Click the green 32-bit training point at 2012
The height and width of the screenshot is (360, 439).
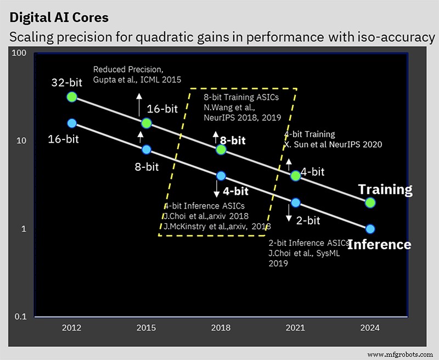tap(72, 97)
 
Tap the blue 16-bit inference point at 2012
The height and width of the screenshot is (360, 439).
tap(72, 123)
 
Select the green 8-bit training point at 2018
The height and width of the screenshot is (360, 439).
tap(221, 149)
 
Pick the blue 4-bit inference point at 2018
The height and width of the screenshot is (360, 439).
tap(221, 176)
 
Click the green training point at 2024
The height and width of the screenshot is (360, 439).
tap(370, 202)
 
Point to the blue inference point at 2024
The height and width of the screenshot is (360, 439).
tap(370, 229)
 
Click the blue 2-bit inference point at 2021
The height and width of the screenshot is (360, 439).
tap(296, 203)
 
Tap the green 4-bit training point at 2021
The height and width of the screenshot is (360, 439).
tap(296, 176)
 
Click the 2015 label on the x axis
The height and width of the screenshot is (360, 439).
tap(147, 328)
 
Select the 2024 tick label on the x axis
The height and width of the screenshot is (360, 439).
tap(370, 328)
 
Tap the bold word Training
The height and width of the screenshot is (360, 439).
tap(385, 190)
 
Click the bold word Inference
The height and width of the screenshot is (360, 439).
tap(379, 244)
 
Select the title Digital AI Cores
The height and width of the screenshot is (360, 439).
tap(59, 18)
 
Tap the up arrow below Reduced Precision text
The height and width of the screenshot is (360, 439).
tap(139, 103)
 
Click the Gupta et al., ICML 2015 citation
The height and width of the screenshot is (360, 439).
tap(137, 80)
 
